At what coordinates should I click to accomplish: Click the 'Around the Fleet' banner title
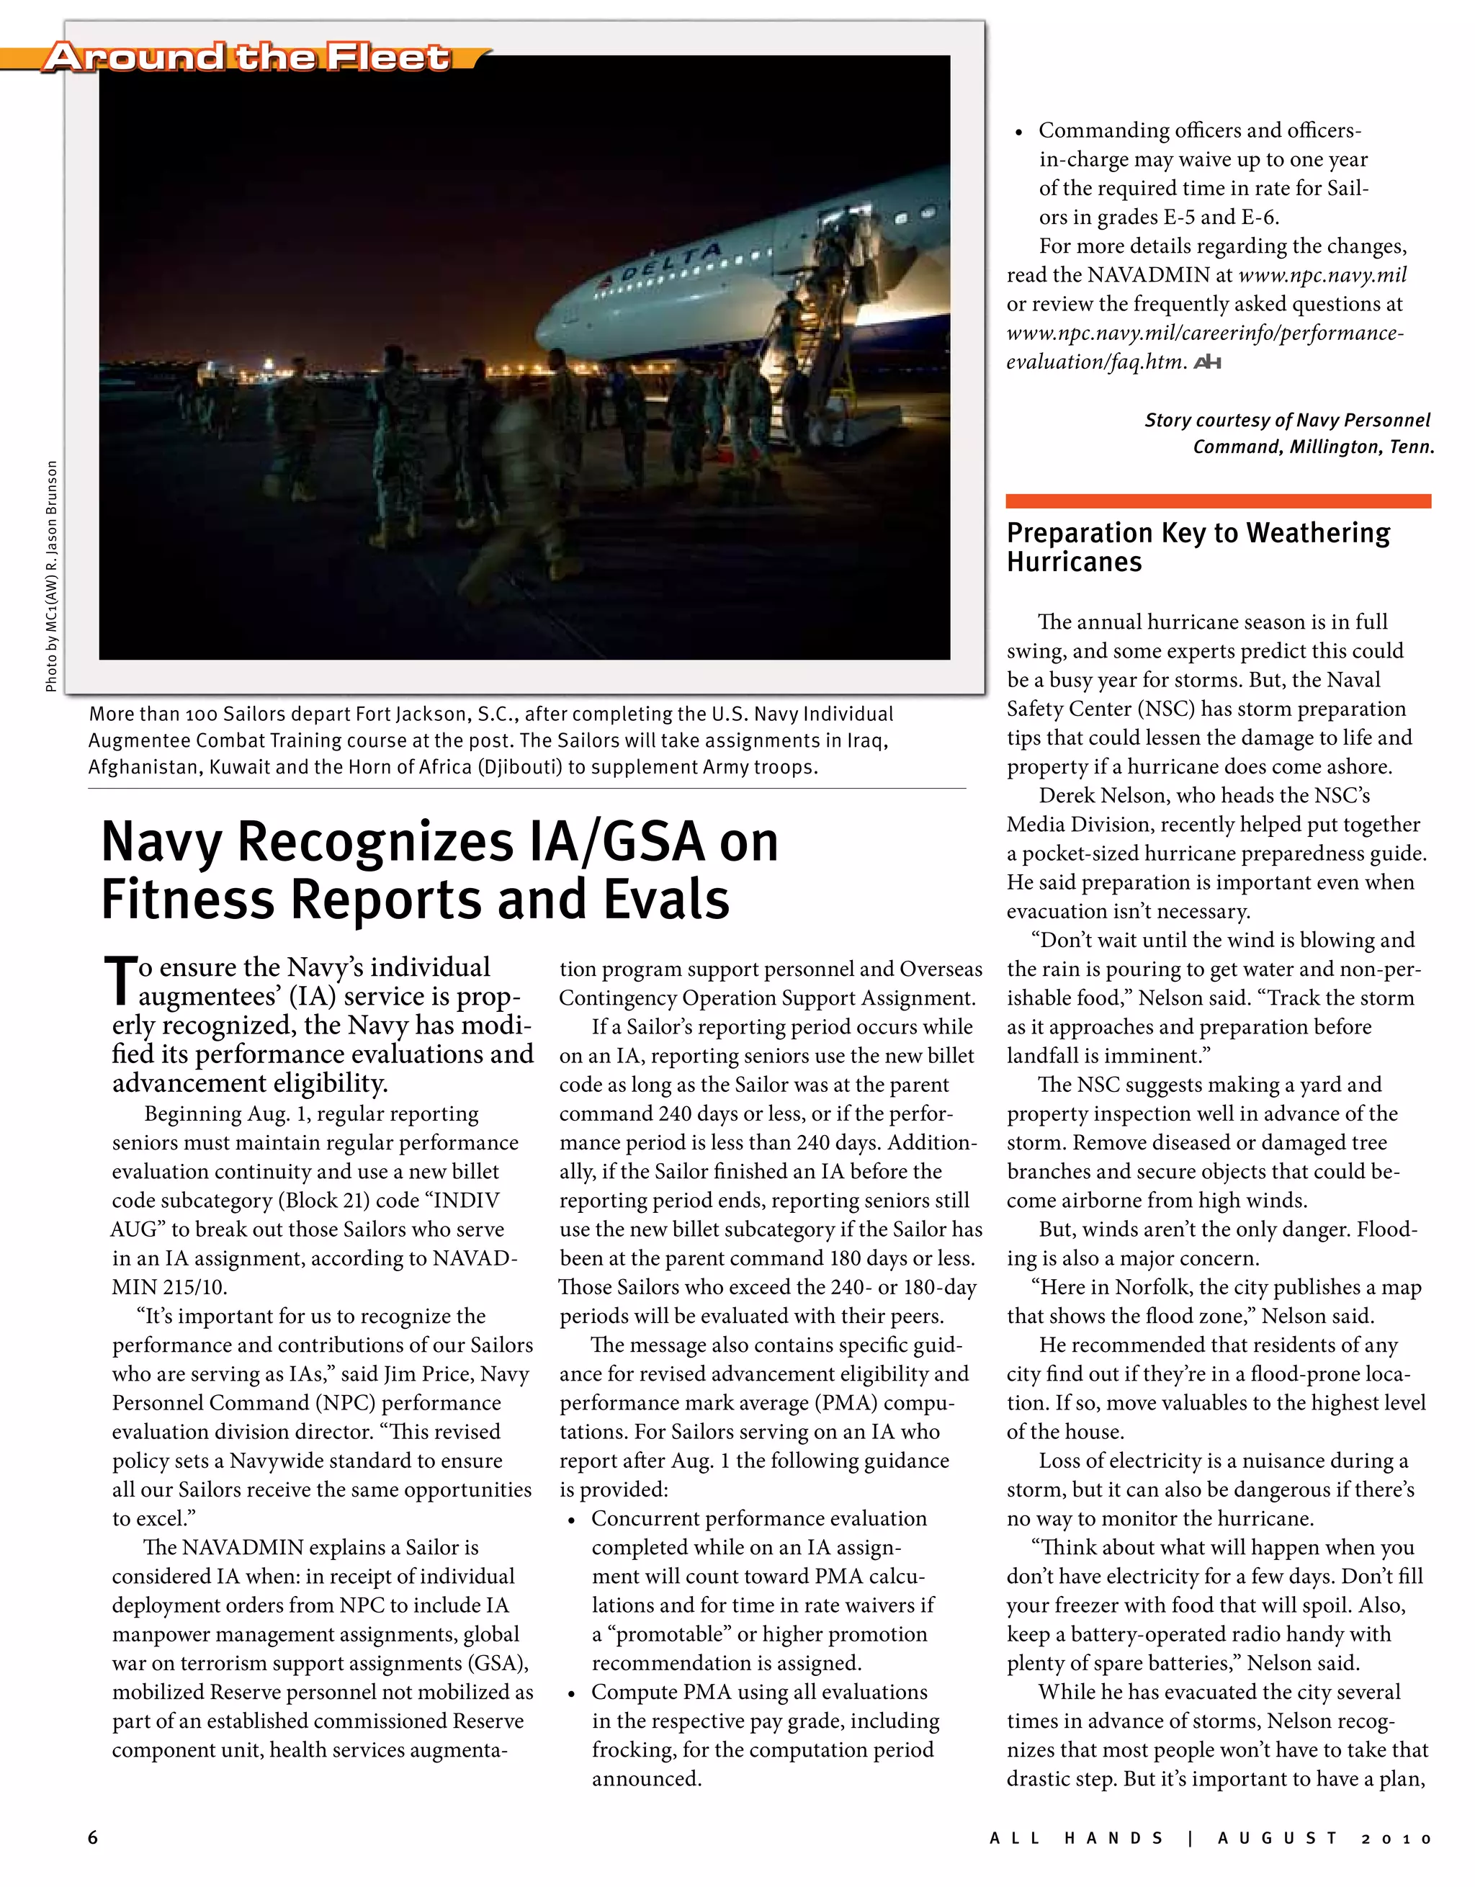[246, 57]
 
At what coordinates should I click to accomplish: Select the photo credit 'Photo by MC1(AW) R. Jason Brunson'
[51, 575]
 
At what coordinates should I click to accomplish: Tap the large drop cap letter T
[121, 982]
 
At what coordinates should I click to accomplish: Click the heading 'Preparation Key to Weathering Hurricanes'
[1198, 547]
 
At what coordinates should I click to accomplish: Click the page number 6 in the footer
[94, 1838]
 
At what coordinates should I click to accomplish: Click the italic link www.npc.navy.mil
[1322, 274]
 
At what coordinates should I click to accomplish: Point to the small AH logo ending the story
[1207, 363]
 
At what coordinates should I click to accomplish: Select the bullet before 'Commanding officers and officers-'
[1020, 133]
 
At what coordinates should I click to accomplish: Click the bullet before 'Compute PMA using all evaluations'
[571, 1693]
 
